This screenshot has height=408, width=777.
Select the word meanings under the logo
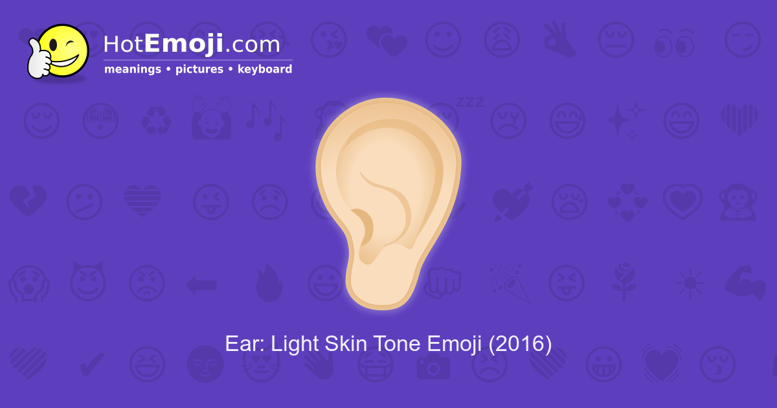pyautogui.click(x=133, y=69)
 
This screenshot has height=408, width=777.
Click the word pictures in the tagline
pyautogui.click(x=199, y=69)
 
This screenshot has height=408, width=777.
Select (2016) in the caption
pyautogui.click(x=520, y=344)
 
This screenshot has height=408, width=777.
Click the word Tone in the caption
pyautogui.click(x=396, y=344)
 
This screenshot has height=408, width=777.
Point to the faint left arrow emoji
pyautogui.click(x=201, y=284)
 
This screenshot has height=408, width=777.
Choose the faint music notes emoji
pyautogui.click(x=266, y=120)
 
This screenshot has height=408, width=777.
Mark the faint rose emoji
pyautogui.click(x=624, y=282)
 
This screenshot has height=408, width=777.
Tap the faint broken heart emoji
pyautogui.click(x=28, y=201)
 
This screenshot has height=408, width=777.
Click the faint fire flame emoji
pyautogui.click(x=269, y=284)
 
